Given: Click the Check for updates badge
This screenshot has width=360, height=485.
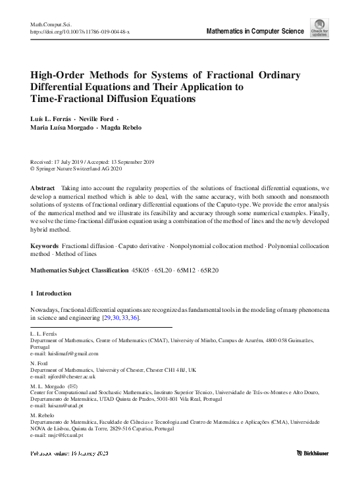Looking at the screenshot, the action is point(319,28).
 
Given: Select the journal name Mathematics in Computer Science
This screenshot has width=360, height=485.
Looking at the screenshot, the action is point(255,31).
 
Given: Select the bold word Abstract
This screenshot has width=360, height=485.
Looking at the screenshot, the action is point(43,188).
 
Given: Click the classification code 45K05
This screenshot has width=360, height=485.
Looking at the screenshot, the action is point(142,270).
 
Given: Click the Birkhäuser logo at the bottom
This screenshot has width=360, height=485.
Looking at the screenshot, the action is point(313,453).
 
